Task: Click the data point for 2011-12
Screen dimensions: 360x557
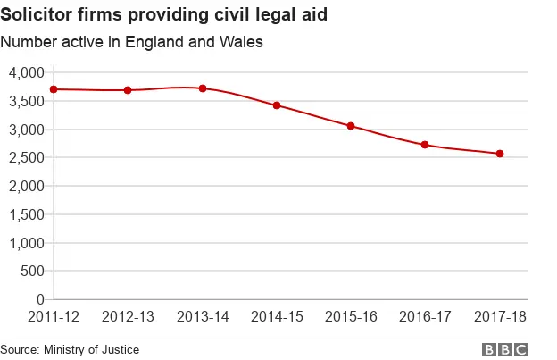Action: [54, 89]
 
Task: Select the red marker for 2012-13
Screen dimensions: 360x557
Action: [128, 90]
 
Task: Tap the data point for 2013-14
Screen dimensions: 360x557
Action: [203, 88]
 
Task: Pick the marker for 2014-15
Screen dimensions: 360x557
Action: [277, 105]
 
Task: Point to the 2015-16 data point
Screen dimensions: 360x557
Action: [351, 126]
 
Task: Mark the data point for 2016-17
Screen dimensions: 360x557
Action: [425, 145]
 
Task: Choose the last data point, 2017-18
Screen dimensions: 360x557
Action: [499, 154]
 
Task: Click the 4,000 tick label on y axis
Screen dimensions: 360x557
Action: [25, 72]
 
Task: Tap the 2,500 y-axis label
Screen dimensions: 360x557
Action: [25, 158]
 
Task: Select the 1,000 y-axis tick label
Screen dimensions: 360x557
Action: [25, 243]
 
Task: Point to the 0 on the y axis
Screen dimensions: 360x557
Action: [40, 299]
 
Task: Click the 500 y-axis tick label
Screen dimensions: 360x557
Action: [31, 272]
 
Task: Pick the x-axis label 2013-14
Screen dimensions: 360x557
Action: [203, 317]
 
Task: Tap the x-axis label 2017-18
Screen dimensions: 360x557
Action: [499, 317]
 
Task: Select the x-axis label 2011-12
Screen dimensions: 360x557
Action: [54, 317]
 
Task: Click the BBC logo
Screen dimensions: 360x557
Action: [505, 349]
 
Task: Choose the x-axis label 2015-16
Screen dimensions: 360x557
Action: [351, 317]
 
